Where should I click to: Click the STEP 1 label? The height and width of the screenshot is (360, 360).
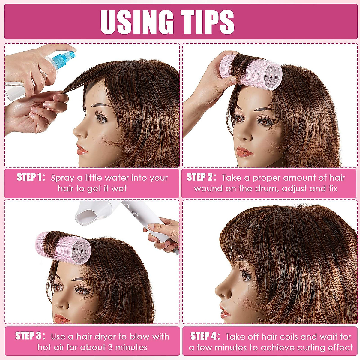[31, 177]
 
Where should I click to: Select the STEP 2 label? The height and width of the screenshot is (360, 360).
[201, 177]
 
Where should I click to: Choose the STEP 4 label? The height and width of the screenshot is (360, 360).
[205, 336]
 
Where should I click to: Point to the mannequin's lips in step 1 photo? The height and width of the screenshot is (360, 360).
[82, 149]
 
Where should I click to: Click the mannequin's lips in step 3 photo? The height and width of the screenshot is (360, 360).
[61, 318]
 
